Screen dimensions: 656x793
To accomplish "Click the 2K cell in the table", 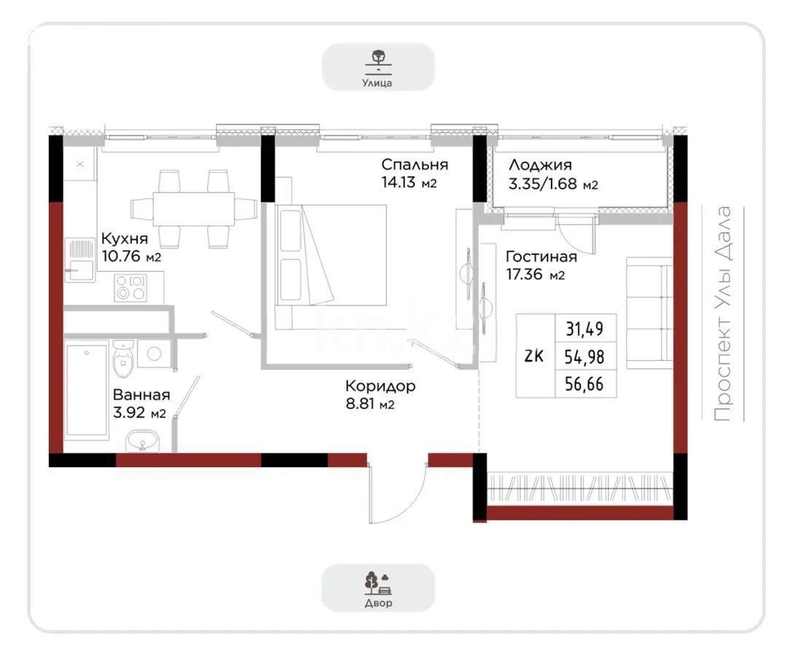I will tap(534, 356).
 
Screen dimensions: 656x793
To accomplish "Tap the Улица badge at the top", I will tap(378, 67).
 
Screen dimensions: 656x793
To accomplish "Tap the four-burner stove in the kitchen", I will tap(130, 286).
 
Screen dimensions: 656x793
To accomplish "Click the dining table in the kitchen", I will tap(193, 208).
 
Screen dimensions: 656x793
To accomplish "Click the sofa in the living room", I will tap(649, 313).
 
